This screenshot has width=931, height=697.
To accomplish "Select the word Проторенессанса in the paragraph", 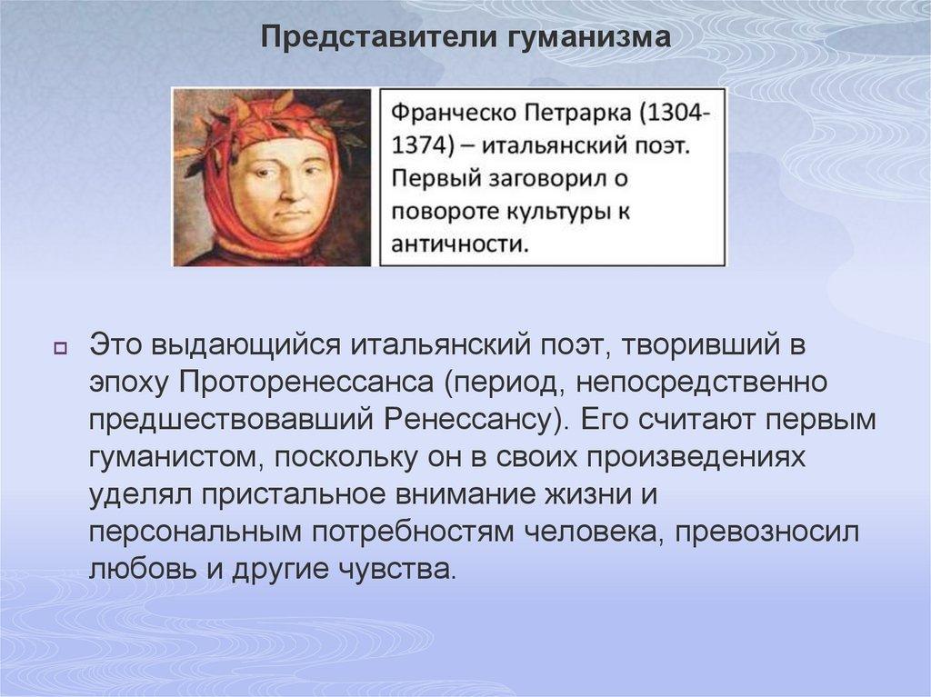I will pyautogui.click(x=309, y=382).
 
